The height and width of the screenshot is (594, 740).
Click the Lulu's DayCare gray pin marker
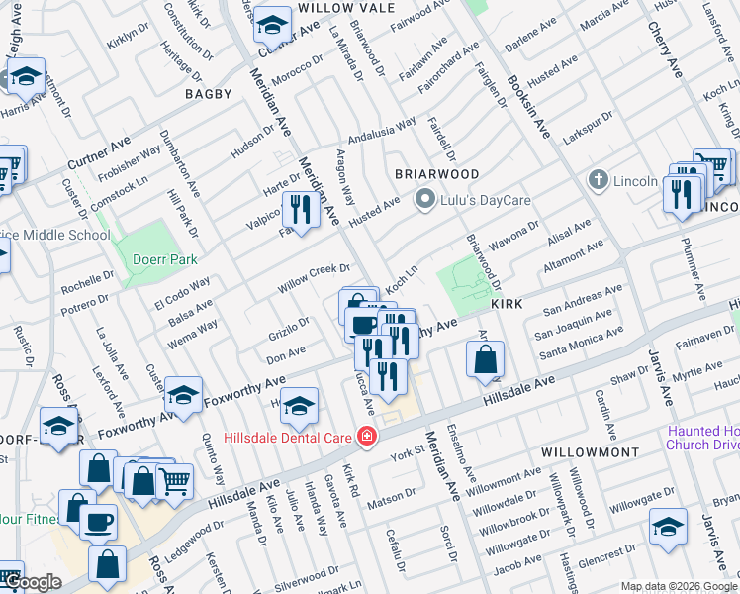pos(426,200)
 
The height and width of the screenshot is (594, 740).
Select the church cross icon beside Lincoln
pos(597,181)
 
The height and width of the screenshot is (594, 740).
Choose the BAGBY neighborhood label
pos(208,94)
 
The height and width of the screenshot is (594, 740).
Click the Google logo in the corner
pos(34,582)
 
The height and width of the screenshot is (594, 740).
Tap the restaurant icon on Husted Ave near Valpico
pos(300,210)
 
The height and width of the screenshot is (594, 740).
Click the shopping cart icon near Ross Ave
pos(174,481)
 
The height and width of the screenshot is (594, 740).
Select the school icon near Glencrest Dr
pos(669,527)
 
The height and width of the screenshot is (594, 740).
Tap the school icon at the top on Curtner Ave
pos(271,23)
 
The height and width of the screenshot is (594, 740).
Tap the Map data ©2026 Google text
pos(678,586)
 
